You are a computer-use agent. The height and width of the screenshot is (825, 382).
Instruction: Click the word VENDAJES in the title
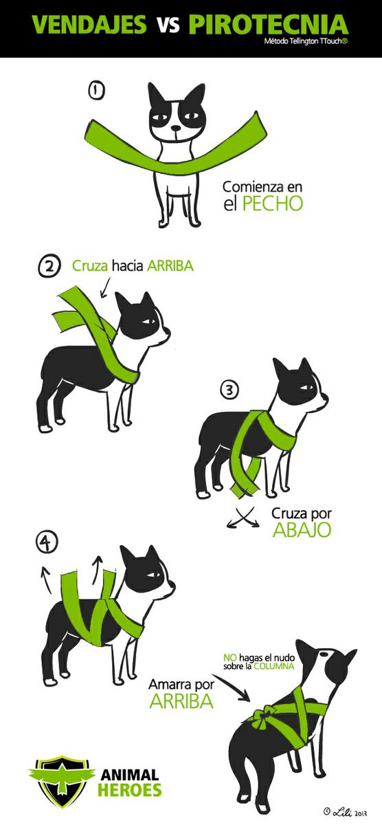(x=89, y=25)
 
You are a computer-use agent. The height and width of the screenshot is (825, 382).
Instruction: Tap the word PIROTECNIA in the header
(x=269, y=24)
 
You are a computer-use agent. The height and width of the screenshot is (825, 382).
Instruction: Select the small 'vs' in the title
(x=169, y=27)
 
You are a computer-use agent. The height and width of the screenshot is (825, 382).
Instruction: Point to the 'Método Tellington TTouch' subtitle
(x=306, y=42)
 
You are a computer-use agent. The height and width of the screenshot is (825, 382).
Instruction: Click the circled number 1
(x=96, y=91)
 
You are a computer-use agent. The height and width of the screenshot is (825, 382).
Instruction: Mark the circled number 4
(x=47, y=543)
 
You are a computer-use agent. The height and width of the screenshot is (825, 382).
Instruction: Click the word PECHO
(x=272, y=203)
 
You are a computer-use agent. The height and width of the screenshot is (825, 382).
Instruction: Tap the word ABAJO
(x=302, y=529)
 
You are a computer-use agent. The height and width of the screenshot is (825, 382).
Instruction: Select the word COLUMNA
(x=274, y=666)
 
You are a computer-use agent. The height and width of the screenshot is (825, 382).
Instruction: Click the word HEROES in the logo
(x=130, y=790)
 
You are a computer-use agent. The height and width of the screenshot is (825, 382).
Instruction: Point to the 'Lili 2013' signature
(x=345, y=811)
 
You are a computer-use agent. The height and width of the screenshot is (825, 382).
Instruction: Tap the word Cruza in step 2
(x=90, y=265)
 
